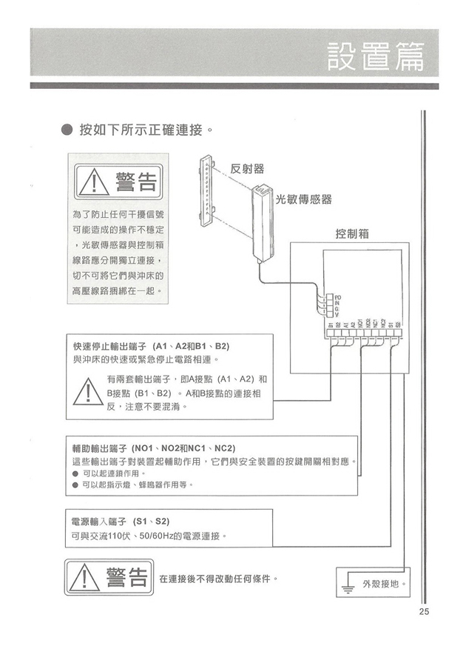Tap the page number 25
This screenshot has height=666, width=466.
click(x=423, y=612)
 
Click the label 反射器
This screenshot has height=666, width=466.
click(x=247, y=169)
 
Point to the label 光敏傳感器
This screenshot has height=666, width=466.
click(x=303, y=200)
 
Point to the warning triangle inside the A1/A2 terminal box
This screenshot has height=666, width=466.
click(x=88, y=393)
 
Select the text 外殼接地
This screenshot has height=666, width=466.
click(x=385, y=584)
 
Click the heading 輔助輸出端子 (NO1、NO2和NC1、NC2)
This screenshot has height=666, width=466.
click(x=154, y=449)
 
